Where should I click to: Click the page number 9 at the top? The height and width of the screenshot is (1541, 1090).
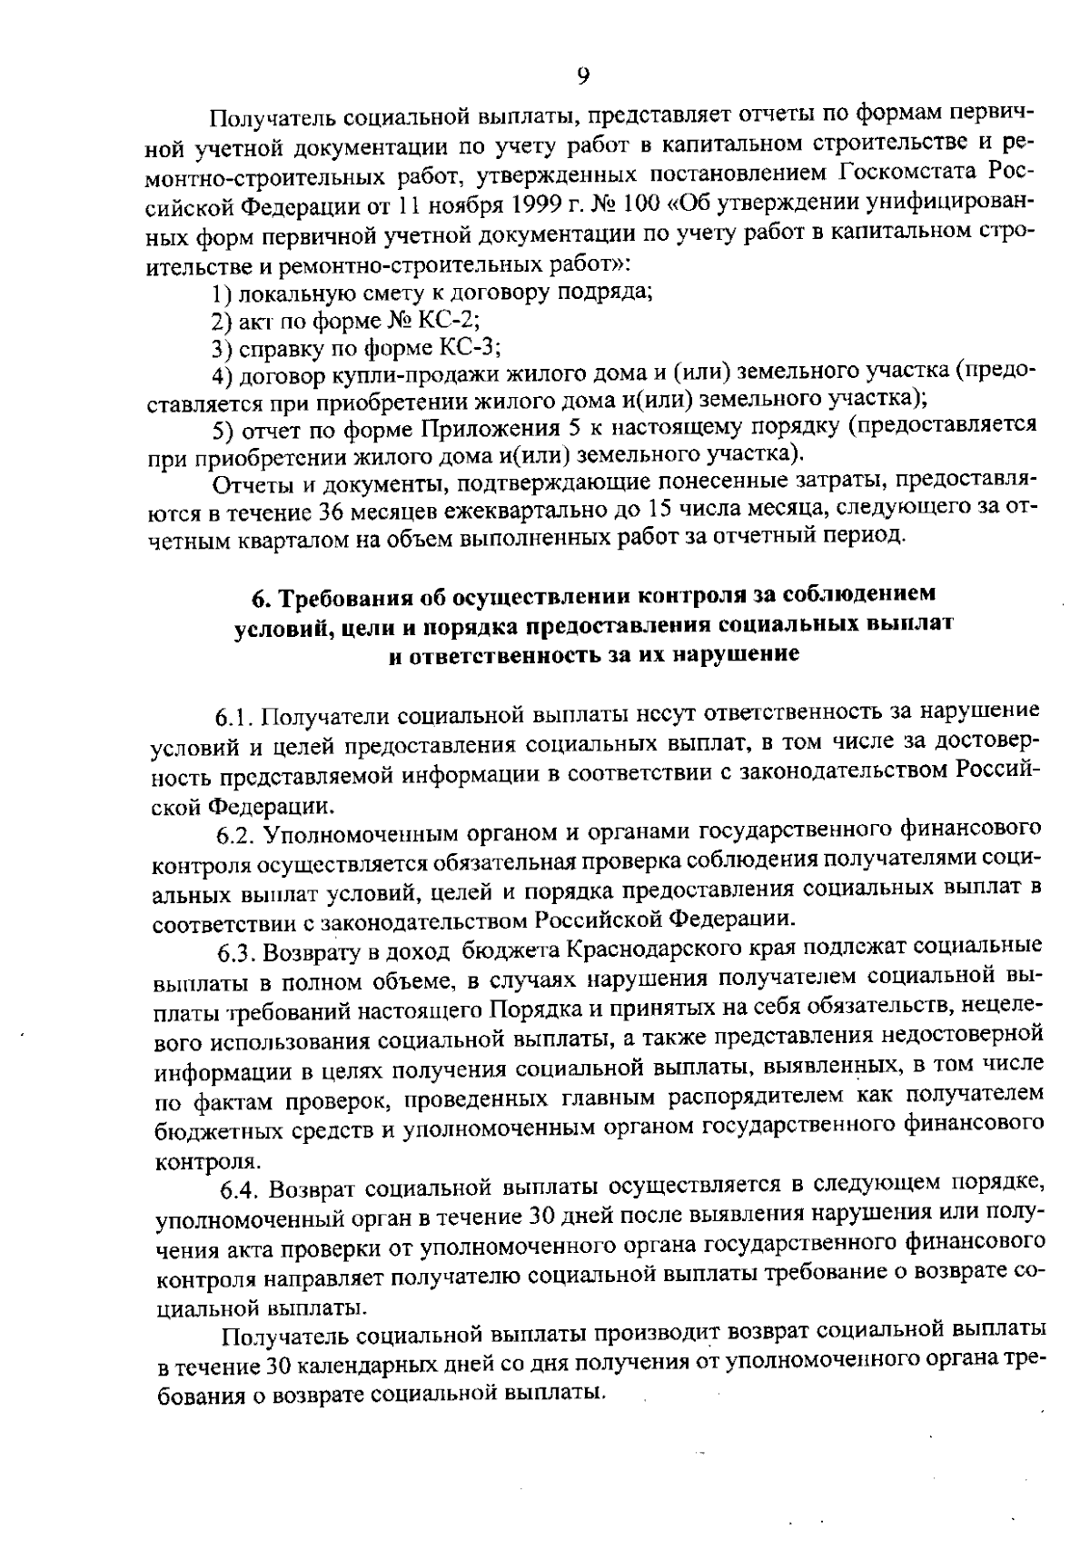[x=582, y=76]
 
